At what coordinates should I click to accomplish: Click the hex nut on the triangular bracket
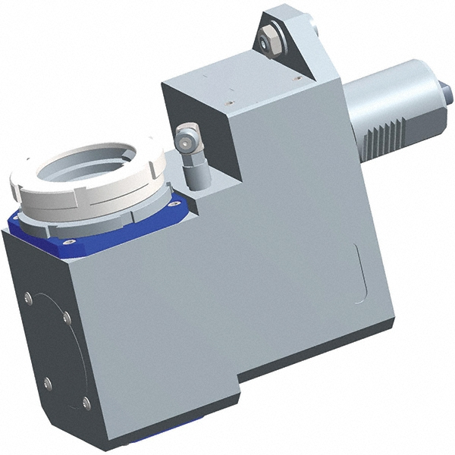point(270,39)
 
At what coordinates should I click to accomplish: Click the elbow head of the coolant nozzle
point(184,138)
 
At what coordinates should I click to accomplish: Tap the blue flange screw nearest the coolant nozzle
point(177,202)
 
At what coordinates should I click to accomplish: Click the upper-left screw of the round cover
point(28,298)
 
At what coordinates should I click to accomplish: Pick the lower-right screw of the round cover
point(86,403)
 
